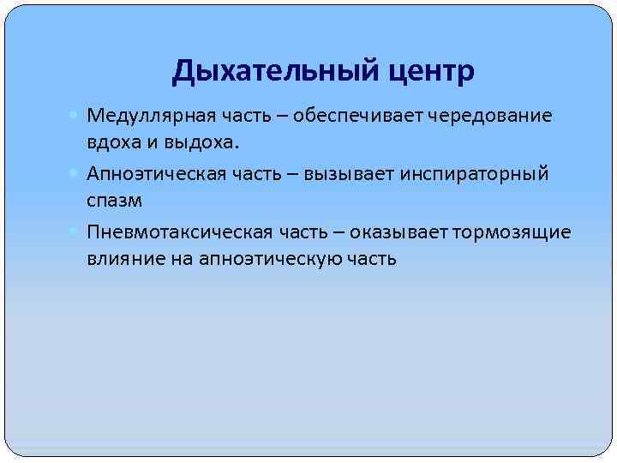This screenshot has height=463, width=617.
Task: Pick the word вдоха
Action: pyautogui.click(x=110, y=141)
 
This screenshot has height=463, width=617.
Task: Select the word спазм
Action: pyautogui.click(x=113, y=199)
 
